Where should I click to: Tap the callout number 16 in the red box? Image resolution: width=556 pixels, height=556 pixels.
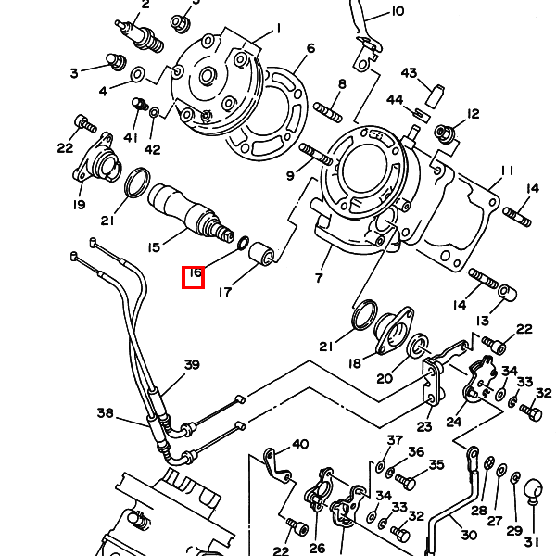[194, 274]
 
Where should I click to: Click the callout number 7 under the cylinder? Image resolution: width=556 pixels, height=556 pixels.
[319, 277]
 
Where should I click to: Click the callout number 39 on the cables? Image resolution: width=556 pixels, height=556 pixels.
[191, 364]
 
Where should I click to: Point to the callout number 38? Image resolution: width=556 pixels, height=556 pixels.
[105, 412]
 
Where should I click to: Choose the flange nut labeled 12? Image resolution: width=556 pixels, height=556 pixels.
[443, 133]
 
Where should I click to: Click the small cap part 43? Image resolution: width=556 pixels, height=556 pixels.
[433, 91]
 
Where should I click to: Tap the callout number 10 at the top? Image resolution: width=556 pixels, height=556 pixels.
[397, 11]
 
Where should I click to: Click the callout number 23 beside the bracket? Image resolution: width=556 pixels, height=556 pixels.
[423, 426]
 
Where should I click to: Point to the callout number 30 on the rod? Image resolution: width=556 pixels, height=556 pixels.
[468, 535]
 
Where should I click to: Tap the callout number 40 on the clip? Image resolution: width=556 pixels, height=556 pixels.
[299, 445]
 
